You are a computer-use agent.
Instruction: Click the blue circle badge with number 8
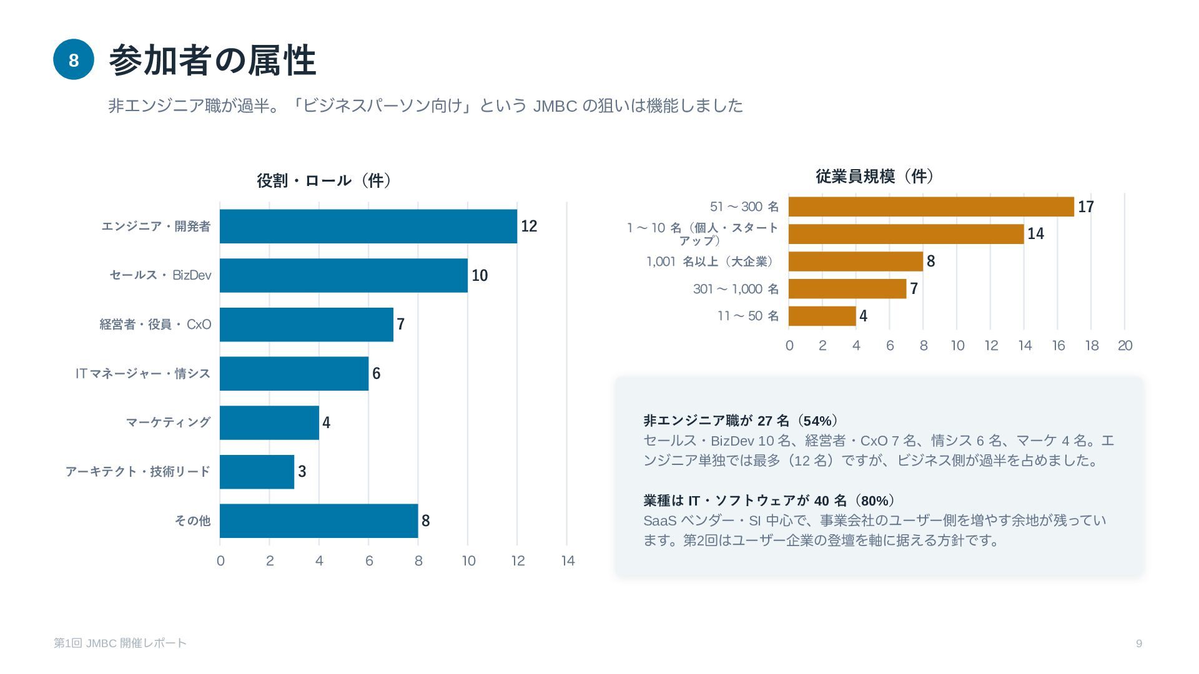[74, 60]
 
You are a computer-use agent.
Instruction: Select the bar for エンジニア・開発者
[368, 226]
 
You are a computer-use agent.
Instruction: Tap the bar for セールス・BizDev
[343, 275]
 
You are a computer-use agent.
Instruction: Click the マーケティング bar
[269, 422]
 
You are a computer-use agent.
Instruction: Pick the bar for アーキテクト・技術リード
[257, 472]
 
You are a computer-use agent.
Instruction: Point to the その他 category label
[192, 520]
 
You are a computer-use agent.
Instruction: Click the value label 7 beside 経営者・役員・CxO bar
[401, 325]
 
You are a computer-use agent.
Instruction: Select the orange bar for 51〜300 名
[931, 207]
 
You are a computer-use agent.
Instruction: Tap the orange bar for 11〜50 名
[822, 316]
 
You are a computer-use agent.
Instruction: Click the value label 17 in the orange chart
[1086, 207]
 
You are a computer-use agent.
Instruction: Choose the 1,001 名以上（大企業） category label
[713, 261]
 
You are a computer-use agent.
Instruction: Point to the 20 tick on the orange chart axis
[1125, 346]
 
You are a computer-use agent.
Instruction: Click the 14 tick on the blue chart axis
[568, 560]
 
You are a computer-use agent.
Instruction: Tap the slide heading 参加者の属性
[212, 61]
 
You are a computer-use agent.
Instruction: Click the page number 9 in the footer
[1139, 643]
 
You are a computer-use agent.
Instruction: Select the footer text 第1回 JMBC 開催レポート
[120, 643]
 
